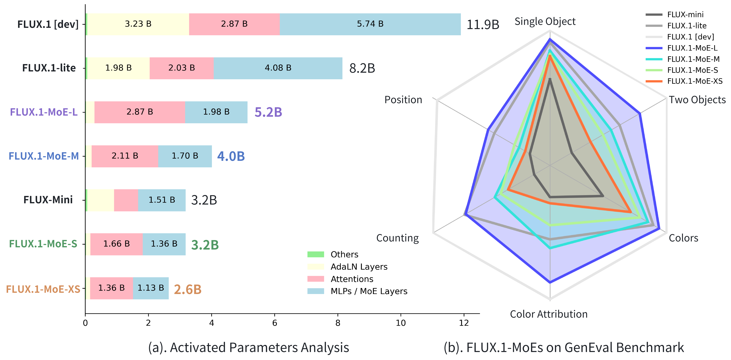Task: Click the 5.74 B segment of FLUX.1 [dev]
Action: pos(370,24)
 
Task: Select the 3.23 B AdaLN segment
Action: pos(138,24)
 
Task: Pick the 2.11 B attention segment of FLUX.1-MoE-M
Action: pos(125,156)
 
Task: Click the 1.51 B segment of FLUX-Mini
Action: pos(162,200)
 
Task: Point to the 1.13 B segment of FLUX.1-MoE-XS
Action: pos(151,288)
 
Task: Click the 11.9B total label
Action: pos(483,25)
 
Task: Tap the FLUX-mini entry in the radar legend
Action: pos(685,15)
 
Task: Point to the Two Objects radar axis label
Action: pos(697,100)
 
